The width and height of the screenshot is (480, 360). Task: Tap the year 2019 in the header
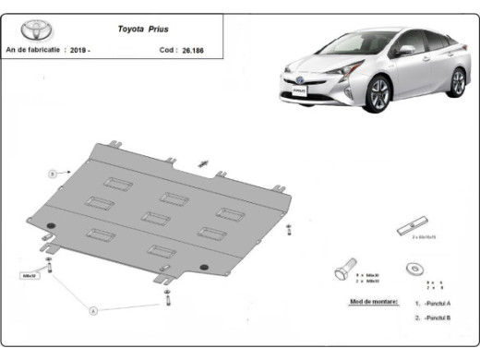[79, 50]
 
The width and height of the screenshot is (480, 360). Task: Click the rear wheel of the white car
[457, 81]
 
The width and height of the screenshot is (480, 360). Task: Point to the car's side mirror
[403, 51]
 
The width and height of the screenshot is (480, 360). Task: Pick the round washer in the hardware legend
[411, 269]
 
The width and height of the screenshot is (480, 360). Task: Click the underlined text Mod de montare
[374, 301]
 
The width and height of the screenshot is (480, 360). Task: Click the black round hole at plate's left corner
[52, 227]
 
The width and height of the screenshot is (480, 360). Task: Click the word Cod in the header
[166, 50]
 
